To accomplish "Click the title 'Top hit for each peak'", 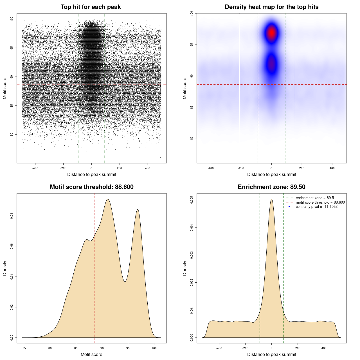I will (x=91, y=7).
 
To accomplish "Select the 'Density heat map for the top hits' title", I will (x=271, y=7).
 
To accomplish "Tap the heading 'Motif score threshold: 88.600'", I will (x=91, y=187).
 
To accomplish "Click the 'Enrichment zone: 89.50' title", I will (x=271, y=187).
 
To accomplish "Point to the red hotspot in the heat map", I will (x=271, y=33).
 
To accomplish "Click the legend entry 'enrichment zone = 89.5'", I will (x=315, y=198).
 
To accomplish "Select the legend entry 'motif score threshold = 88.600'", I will (x=320, y=202).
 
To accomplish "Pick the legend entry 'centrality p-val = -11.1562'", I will (x=316, y=207).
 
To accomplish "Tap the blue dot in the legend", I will (x=289, y=207).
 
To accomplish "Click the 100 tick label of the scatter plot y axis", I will (x=12, y=19).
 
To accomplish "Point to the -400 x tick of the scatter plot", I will (x=35, y=168).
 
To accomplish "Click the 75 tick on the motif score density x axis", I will (x=24, y=348).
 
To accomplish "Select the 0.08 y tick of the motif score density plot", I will (x=12, y=216).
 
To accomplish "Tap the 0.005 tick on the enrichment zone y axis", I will (x=192, y=200).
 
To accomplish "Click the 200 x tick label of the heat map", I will (x=301, y=168).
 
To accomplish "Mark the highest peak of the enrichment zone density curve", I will (x=271, y=199).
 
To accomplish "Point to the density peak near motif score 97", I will (x=138, y=210).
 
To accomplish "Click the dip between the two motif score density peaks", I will (x=125, y=281).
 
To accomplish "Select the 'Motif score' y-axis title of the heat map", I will (x=184, y=88).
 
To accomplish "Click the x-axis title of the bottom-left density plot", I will (x=91, y=354).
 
